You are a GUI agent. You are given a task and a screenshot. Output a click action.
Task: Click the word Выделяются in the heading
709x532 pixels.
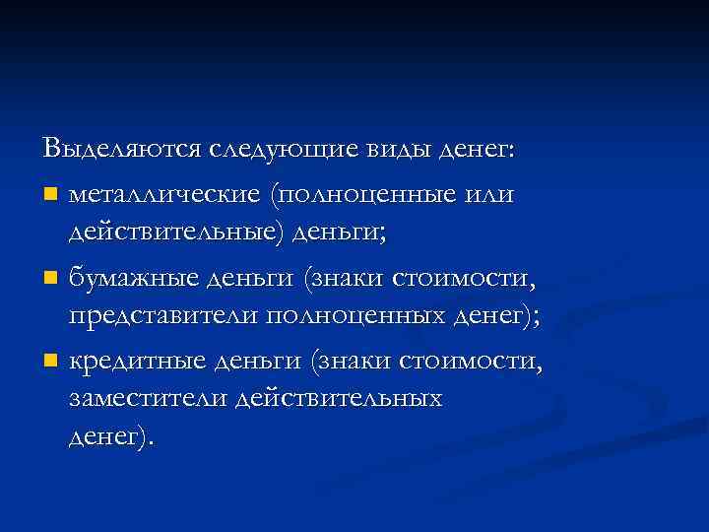click(x=120, y=149)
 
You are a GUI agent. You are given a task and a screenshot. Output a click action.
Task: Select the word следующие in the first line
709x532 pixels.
click(x=279, y=149)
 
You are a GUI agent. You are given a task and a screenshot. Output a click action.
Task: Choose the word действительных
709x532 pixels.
click(x=345, y=399)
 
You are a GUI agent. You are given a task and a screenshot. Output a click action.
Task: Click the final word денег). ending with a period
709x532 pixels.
click(x=110, y=436)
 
